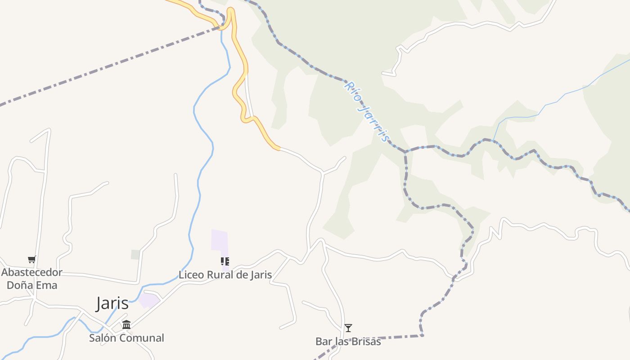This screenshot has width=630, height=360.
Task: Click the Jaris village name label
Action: click(x=112, y=304)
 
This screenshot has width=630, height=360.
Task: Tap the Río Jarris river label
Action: click(x=367, y=111)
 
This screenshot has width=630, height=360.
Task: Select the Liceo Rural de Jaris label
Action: click(x=225, y=274)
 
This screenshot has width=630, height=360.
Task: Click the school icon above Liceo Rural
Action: click(x=225, y=261)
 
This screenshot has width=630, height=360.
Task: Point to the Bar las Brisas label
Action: click(x=348, y=342)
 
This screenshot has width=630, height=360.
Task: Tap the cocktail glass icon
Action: click(x=348, y=328)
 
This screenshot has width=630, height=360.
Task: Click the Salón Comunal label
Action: click(x=126, y=338)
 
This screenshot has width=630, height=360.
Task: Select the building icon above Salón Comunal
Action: click(x=126, y=324)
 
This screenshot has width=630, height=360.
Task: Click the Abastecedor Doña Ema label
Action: click(x=31, y=279)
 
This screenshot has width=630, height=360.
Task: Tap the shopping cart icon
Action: click(x=31, y=259)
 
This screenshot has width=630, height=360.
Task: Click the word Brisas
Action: click(x=364, y=342)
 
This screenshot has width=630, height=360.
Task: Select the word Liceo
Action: click(x=191, y=274)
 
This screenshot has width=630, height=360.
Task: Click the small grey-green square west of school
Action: click(x=135, y=255)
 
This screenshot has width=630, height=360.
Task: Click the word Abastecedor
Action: click(x=31, y=272)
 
